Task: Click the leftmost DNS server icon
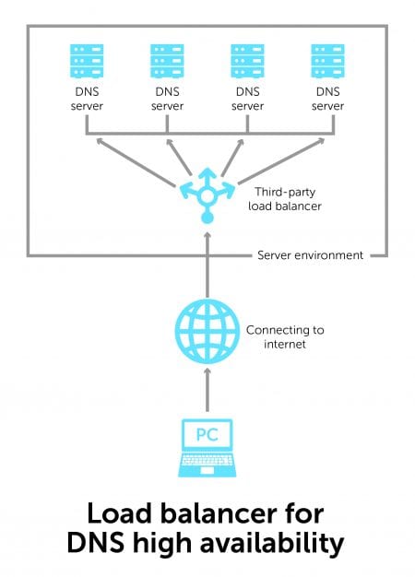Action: pyautogui.click(x=87, y=62)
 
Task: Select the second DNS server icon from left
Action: pyautogui.click(x=167, y=62)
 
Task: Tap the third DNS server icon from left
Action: pyautogui.click(x=247, y=62)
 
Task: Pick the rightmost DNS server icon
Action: pyautogui.click(x=327, y=62)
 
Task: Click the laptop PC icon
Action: pyautogui.click(x=207, y=448)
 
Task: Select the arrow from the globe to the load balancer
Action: pyautogui.click(x=207, y=267)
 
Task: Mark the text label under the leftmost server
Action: pyautogui.click(x=87, y=100)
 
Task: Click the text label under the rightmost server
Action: pyautogui.click(x=327, y=100)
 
